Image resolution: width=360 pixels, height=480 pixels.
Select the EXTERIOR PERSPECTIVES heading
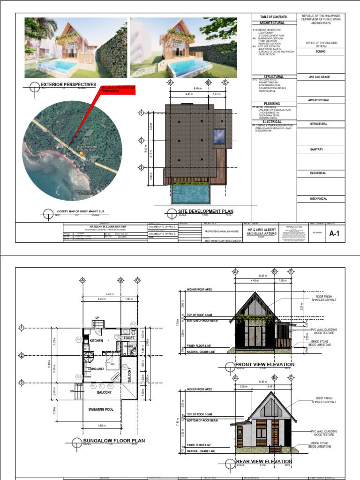(x=68, y=85)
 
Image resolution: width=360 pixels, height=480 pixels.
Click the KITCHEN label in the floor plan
(x=96, y=341)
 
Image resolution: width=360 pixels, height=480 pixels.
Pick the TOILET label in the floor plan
(x=129, y=337)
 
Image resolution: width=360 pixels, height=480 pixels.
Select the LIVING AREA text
(x=94, y=369)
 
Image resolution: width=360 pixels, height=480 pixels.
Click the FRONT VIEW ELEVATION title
(x=265, y=364)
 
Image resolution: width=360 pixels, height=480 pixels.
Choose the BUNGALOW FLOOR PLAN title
(x=114, y=441)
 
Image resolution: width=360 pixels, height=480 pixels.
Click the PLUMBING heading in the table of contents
(x=272, y=104)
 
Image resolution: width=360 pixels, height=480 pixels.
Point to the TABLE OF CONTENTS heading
(x=273, y=17)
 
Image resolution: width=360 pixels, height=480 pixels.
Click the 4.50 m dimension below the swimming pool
(x=102, y=426)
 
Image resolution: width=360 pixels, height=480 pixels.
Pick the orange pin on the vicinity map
(x=82, y=153)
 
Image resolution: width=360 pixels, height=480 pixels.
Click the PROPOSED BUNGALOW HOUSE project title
(x=222, y=231)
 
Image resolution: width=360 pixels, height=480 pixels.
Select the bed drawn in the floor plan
(x=113, y=361)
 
